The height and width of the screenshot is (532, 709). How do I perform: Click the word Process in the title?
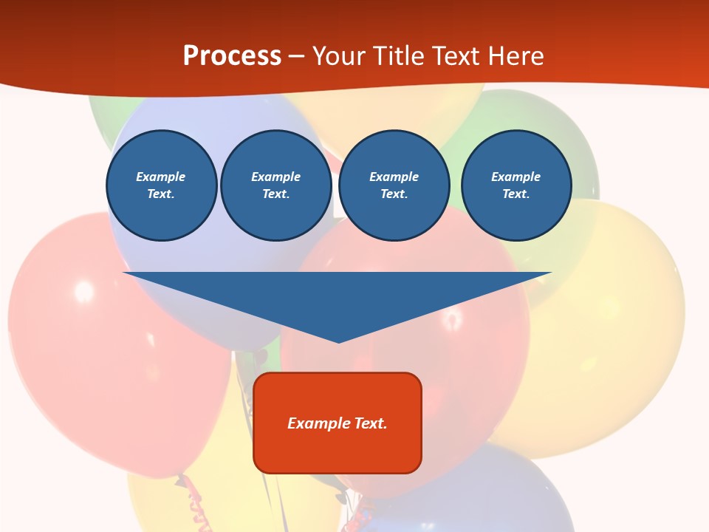point(232,56)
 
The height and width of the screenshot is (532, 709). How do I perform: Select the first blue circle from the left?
point(162,185)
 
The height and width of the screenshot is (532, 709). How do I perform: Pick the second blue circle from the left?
point(276,185)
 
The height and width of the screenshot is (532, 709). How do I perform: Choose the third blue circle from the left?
point(394,185)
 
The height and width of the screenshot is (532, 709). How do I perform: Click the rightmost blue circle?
point(516,185)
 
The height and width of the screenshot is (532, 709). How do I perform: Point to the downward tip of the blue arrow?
point(338,341)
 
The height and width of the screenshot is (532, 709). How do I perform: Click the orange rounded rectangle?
point(338,451)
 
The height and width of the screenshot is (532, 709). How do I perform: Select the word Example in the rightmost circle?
point(516,177)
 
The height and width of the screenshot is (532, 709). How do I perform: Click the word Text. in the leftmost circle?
point(161,194)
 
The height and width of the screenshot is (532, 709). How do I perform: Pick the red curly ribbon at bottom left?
point(193,502)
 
